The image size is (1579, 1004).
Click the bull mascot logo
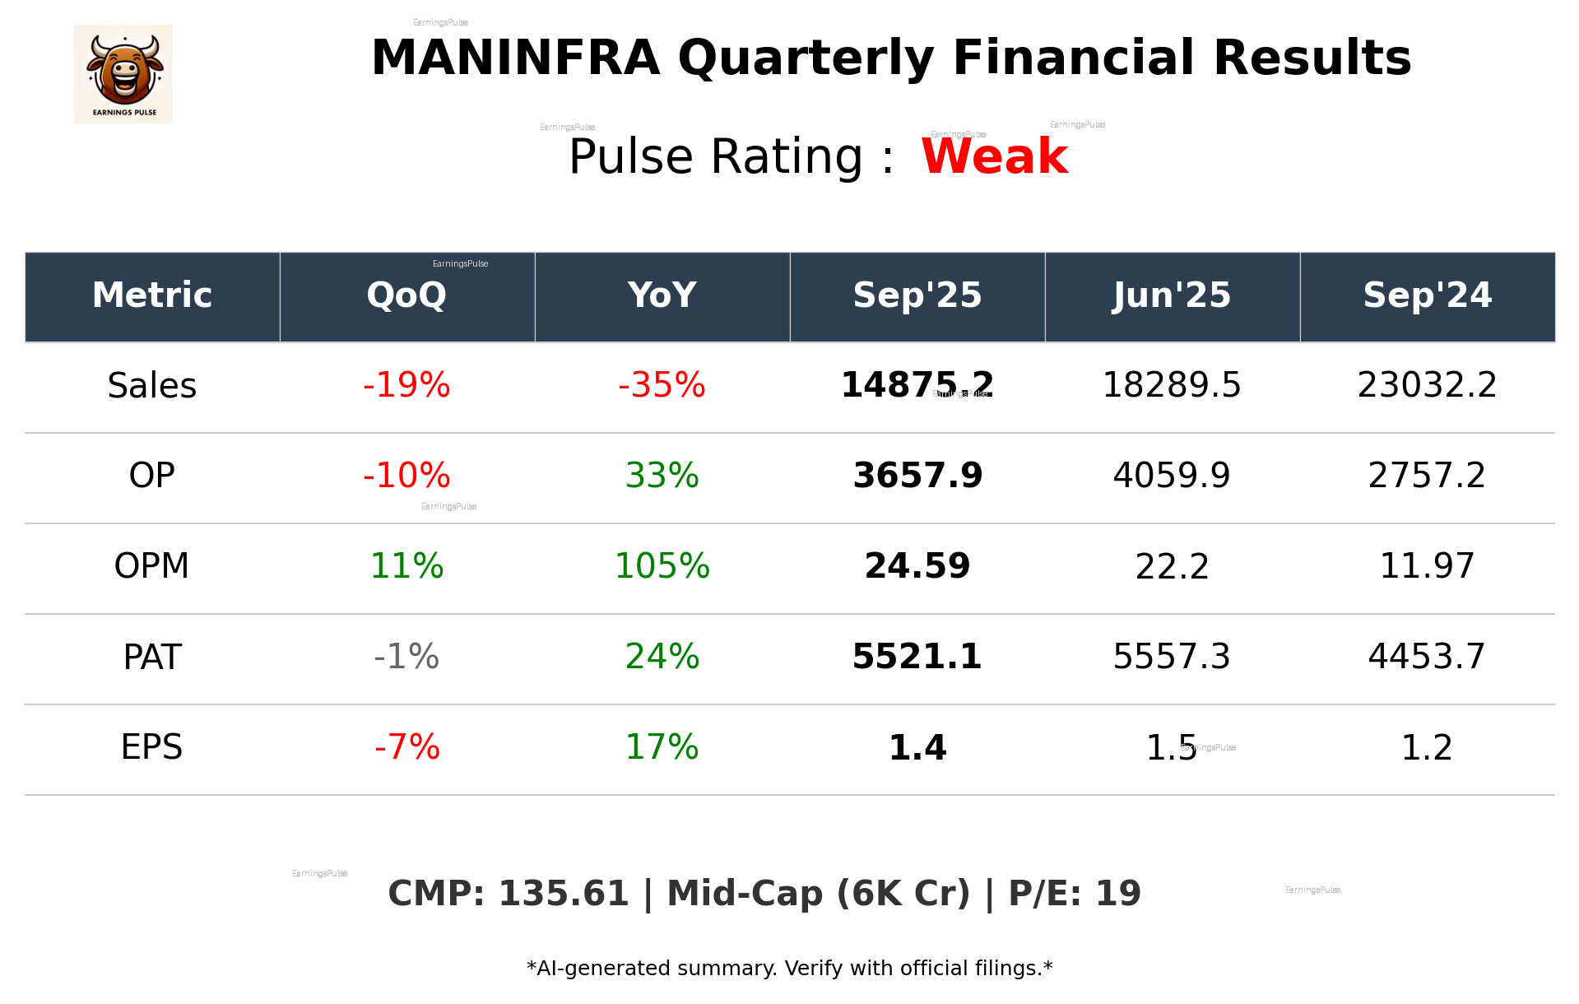pyautogui.click(x=123, y=74)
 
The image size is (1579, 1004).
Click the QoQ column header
pyautogui.click(x=406, y=295)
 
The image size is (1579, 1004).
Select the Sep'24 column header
pyautogui.click(x=1427, y=295)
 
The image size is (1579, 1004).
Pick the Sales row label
pyautogui.click(x=152, y=386)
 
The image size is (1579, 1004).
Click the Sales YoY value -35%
pyautogui.click(x=662, y=386)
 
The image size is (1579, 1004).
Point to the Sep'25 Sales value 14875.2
pyautogui.click(x=917, y=386)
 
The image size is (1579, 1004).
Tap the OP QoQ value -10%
pyautogui.click(x=406, y=476)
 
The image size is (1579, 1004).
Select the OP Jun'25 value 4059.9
pyautogui.click(x=1172, y=476)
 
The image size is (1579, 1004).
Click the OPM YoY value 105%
pyautogui.click(x=662, y=567)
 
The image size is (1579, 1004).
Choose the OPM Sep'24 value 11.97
pyautogui.click(x=1427, y=567)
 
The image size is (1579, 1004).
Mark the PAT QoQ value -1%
pyautogui.click(x=406, y=658)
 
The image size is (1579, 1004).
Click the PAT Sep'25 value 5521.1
pyautogui.click(x=917, y=658)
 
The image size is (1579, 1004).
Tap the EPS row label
pyautogui.click(x=152, y=748)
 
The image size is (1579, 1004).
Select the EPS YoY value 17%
pyautogui.click(x=662, y=748)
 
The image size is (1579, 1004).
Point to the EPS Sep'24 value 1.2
pyautogui.click(x=1427, y=748)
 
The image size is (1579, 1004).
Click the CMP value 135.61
pyautogui.click(x=564, y=895)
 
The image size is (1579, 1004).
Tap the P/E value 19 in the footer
pyautogui.click(x=1118, y=895)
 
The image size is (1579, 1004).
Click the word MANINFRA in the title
pyautogui.click(x=515, y=59)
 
